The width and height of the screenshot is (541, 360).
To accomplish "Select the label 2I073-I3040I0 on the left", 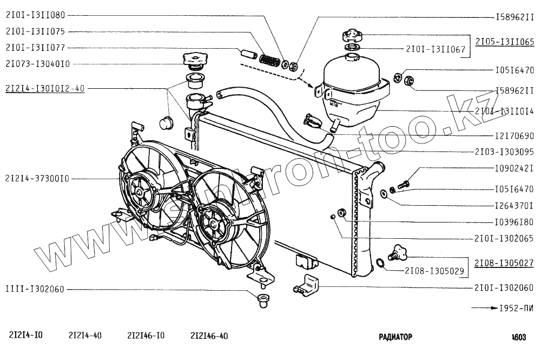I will point(37,64).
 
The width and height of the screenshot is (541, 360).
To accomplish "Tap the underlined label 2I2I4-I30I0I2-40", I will point(45,89).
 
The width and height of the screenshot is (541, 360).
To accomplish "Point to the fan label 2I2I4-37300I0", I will point(37,178).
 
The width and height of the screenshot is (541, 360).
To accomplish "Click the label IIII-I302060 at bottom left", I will point(35,289).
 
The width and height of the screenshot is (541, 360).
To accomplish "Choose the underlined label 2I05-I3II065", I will point(505,41).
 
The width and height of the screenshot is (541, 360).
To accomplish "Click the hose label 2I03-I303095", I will point(505,151).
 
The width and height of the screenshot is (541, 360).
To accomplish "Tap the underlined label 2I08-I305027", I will point(505,262).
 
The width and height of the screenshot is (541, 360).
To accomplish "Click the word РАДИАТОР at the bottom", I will point(395,336).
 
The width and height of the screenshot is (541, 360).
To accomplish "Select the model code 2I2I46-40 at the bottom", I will point(209,336).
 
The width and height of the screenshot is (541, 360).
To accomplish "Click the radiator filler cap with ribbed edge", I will point(194,58).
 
